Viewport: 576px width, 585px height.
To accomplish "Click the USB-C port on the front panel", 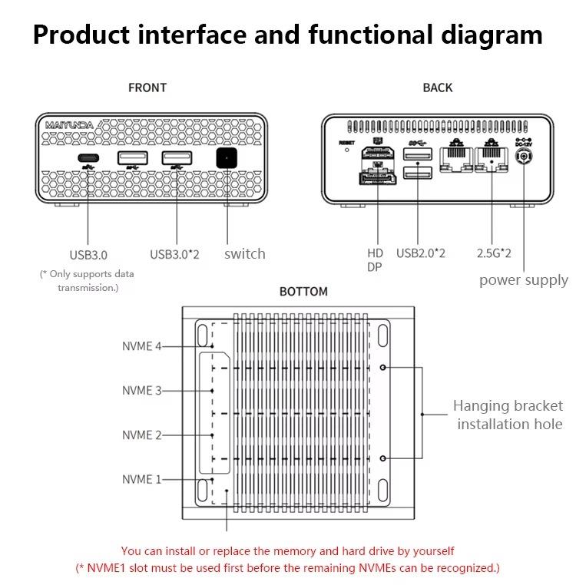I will point(88,159).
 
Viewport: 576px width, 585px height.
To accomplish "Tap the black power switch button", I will point(227,159).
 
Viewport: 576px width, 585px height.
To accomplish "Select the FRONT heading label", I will point(147,88).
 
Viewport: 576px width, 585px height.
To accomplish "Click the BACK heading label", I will point(437,88).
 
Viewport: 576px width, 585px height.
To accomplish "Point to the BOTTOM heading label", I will point(303,292).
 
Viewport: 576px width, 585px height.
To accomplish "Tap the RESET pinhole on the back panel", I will point(346,150).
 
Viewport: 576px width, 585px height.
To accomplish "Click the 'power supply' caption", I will point(523,279).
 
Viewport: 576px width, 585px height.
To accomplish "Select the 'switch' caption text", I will point(244,253).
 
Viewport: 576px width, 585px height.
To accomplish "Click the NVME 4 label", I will point(142,346).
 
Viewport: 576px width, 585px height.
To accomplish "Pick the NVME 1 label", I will point(142,479).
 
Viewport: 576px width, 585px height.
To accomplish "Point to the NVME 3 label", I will point(142,391).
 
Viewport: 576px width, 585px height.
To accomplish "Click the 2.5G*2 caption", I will point(494,253).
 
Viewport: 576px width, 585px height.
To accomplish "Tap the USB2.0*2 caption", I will point(420,253).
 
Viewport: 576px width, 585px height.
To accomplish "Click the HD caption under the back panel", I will point(375,253).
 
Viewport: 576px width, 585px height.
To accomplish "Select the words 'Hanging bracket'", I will point(508,405).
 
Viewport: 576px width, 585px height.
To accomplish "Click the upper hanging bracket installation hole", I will point(383,367).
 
